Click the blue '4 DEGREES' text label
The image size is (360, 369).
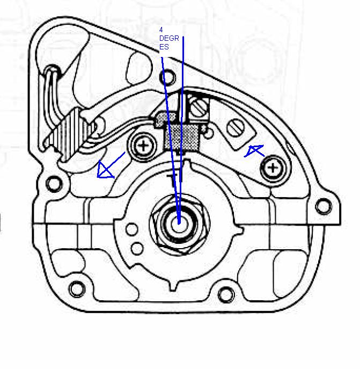pyautogui.click(x=169, y=38)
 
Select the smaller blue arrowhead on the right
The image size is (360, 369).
pyautogui.click(x=253, y=150)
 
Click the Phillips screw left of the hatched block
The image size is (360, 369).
pyautogui.click(x=143, y=146)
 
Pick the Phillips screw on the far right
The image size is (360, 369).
pyautogui.click(x=273, y=168)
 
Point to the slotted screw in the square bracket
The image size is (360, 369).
pyautogui.click(x=199, y=108)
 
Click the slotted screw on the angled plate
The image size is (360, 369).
pyautogui.click(x=236, y=128)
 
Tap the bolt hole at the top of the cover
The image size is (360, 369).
pyautogui.click(x=167, y=76)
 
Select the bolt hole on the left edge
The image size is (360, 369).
pyautogui.click(x=54, y=184)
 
